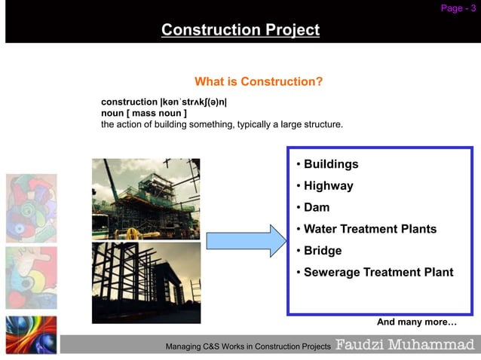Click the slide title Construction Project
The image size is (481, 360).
tap(240, 30)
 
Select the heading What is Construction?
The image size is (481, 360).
tap(259, 81)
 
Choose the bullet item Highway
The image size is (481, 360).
tap(328, 185)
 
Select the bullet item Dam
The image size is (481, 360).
tap(316, 207)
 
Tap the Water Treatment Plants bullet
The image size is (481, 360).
tap(369, 229)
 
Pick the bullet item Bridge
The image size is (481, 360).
tap(322, 251)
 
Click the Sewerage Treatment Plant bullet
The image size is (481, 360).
tap(378, 272)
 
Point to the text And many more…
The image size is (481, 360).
tap(416, 322)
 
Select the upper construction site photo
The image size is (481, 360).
tap(146, 198)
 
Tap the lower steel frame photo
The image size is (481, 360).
tap(146, 282)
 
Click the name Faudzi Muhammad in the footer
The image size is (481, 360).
tap(405, 345)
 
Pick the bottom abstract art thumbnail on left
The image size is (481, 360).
tap(31, 334)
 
